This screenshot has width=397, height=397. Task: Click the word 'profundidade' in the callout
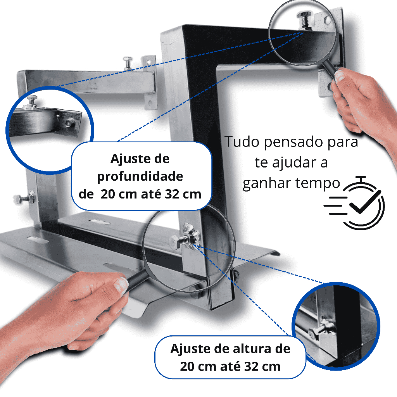click(x=140, y=176)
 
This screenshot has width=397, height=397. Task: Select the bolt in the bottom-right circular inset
click(x=314, y=332)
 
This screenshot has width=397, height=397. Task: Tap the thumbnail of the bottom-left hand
click(x=121, y=285)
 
